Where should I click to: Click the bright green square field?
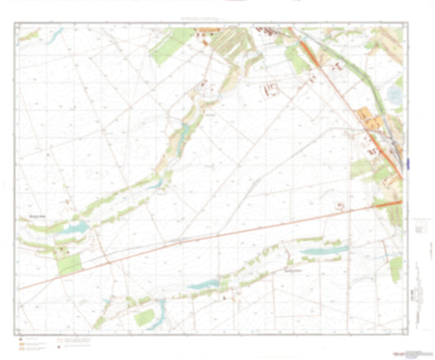click(x=70, y=264)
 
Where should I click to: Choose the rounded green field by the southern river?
click(x=145, y=317)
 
